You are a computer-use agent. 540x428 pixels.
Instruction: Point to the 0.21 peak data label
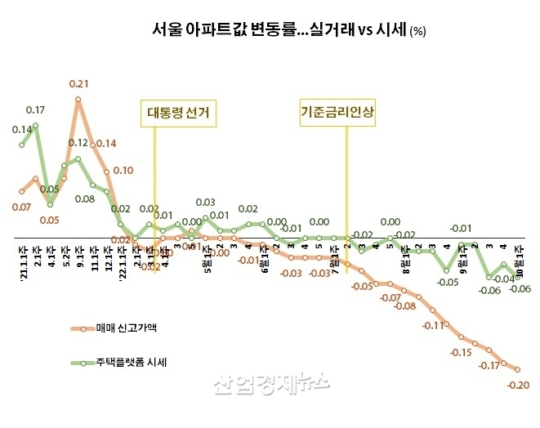click(78, 83)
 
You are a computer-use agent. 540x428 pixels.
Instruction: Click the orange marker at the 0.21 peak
click(78, 100)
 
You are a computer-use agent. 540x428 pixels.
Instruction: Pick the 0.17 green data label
click(35, 109)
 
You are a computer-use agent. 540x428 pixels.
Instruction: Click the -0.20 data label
click(518, 386)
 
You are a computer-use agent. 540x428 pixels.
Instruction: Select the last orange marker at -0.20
click(517, 369)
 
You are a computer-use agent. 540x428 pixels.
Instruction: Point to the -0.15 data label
click(462, 352)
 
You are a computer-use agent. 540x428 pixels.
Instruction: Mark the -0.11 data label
click(433, 325)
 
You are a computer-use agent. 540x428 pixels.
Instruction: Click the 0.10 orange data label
click(123, 170)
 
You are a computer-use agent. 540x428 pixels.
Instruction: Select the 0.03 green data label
click(205, 202)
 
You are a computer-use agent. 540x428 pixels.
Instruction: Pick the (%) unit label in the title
click(417, 32)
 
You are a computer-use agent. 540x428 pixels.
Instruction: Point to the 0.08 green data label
click(85, 198)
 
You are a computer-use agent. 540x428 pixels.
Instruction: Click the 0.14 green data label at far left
click(22, 129)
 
